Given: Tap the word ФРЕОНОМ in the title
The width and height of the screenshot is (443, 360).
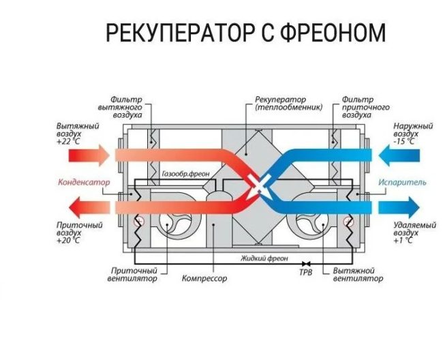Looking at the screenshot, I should [330, 32].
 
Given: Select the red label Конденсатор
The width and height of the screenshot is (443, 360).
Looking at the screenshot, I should [80, 183].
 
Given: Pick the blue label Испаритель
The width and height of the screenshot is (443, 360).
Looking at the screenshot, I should [403, 183].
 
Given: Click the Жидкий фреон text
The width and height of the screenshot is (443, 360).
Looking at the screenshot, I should [264, 260].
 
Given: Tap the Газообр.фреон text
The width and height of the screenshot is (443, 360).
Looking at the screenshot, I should [185, 174].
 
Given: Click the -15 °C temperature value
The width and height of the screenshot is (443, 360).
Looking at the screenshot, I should [407, 142].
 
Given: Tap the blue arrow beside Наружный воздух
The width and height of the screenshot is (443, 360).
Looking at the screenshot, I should [399, 155].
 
